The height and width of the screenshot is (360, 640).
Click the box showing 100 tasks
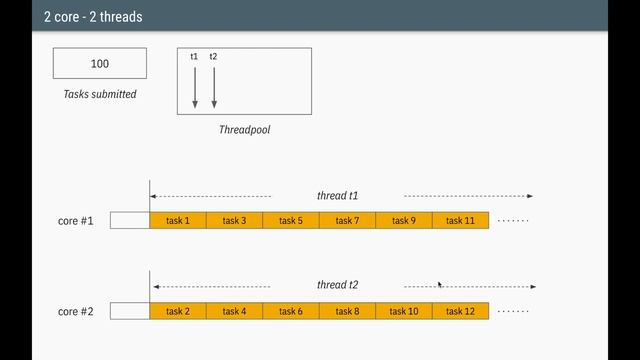point(100,63)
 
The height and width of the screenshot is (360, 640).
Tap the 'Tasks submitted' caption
point(100,94)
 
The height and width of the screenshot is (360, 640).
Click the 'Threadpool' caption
point(244,130)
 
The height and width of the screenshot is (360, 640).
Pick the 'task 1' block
point(178,221)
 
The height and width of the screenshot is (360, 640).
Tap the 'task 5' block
point(291,221)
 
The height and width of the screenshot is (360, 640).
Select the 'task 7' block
point(347,221)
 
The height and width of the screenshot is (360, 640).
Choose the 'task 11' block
point(460,221)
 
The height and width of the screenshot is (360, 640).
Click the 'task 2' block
point(178,311)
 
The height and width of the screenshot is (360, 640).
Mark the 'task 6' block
point(291,311)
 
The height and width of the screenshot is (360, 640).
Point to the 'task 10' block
point(404,311)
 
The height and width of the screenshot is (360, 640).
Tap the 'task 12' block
point(460,311)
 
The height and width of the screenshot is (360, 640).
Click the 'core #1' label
point(76,221)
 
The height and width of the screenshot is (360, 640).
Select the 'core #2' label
point(76,311)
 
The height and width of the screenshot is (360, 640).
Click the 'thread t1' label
point(338,196)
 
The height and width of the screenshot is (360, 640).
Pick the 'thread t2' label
point(338,285)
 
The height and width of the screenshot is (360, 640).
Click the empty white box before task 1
point(130,221)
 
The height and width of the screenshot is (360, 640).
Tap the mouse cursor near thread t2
point(441,284)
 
